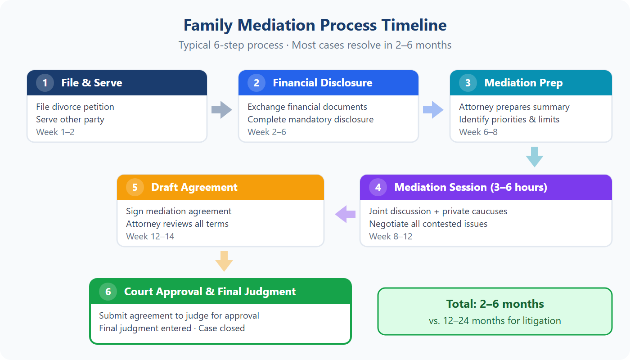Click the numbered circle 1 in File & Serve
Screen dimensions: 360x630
click(x=45, y=83)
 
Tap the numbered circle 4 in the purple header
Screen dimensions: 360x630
click(x=378, y=187)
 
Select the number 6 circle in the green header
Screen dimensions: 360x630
click(x=108, y=292)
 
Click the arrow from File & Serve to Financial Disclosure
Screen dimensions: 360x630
click(x=221, y=110)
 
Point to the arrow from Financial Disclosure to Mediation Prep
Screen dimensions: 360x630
click(x=433, y=110)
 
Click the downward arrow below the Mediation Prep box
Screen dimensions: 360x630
click(x=534, y=157)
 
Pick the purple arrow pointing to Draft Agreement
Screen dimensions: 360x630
click(x=345, y=214)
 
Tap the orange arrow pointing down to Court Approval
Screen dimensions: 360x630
click(x=224, y=261)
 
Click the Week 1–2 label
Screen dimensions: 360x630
click(x=55, y=132)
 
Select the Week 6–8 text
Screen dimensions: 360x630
click(x=478, y=132)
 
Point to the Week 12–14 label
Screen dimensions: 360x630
click(x=150, y=236)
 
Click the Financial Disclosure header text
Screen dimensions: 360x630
click(x=322, y=83)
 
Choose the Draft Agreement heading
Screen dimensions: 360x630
click(x=194, y=187)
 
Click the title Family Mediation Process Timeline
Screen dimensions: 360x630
click(x=315, y=25)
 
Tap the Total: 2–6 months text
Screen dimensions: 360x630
click(x=495, y=304)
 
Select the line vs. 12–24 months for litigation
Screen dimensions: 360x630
click(x=495, y=321)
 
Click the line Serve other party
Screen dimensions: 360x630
click(x=70, y=119)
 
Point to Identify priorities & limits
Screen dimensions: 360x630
click(x=509, y=119)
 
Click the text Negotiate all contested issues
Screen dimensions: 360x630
click(x=428, y=224)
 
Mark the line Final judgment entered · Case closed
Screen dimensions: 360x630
click(x=172, y=328)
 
